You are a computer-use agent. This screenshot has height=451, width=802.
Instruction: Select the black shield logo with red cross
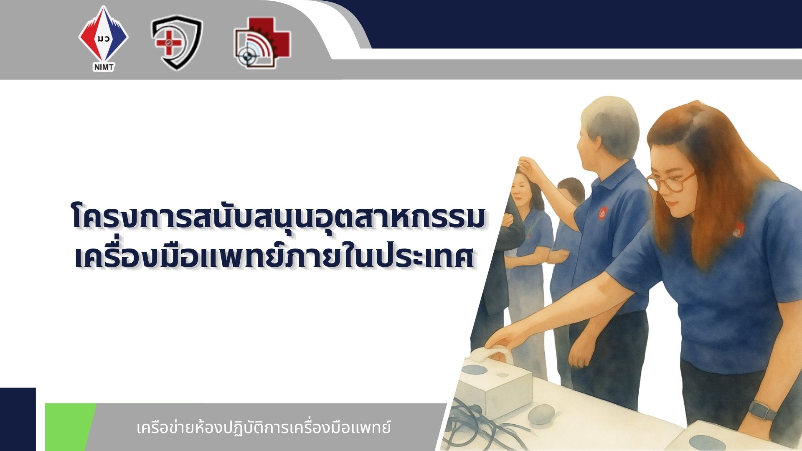coord(177,42)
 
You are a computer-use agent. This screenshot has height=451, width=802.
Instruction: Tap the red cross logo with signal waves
coord(262,43)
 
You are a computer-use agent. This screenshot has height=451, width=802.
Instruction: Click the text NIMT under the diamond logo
coord(104,67)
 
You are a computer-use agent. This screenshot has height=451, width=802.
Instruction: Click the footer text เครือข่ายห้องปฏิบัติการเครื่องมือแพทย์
coord(264,428)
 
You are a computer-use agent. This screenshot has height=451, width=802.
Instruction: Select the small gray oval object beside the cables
coord(541,414)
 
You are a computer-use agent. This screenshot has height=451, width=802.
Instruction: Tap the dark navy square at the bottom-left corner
coord(18,419)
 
